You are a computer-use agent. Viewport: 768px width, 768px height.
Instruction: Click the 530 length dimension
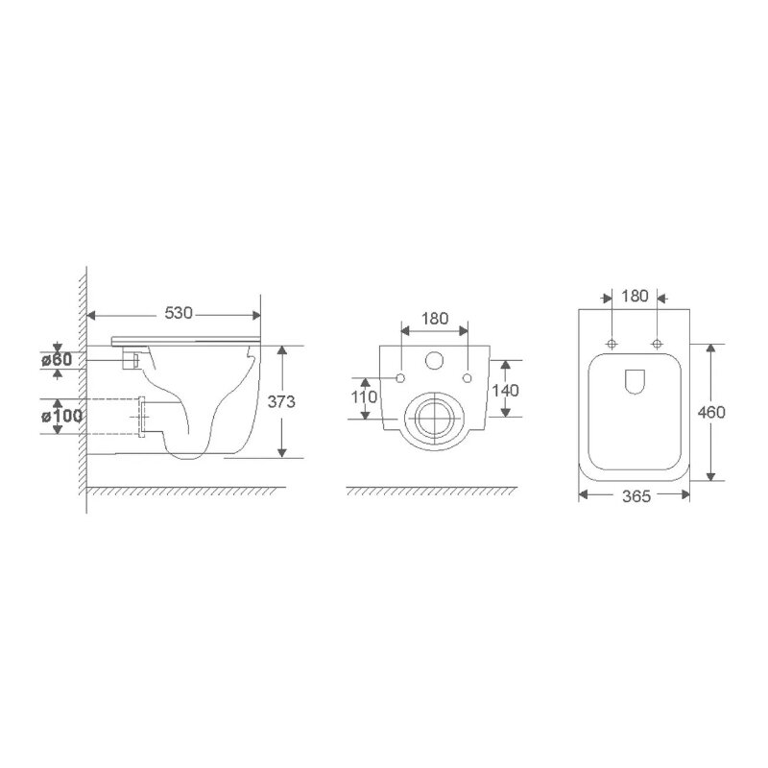pyautogui.click(x=179, y=313)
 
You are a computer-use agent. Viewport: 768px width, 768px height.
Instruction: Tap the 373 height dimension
pyautogui.click(x=281, y=401)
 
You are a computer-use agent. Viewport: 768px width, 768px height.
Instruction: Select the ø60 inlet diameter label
pyautogui.click(x=57, y=360)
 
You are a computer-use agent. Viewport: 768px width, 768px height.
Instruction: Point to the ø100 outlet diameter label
pyautogui.click(x=61, y=417)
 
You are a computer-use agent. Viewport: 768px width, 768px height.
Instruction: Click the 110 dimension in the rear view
pyautogui.click(x=364, y=396)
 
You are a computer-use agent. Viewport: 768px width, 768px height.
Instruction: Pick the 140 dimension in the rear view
pyautogui.click(x=506, y=391)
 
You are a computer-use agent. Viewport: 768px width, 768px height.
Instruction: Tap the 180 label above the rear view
pyautogui.click(x=435, y=319)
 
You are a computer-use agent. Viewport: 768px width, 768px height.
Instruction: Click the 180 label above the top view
pyautogui.click(x=635, y=296)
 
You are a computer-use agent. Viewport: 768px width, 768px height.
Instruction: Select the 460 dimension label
pyautogui.click(x=711, y=413)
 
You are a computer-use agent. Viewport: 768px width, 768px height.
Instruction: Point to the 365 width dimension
pyautogui.click(x=636, y=496)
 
